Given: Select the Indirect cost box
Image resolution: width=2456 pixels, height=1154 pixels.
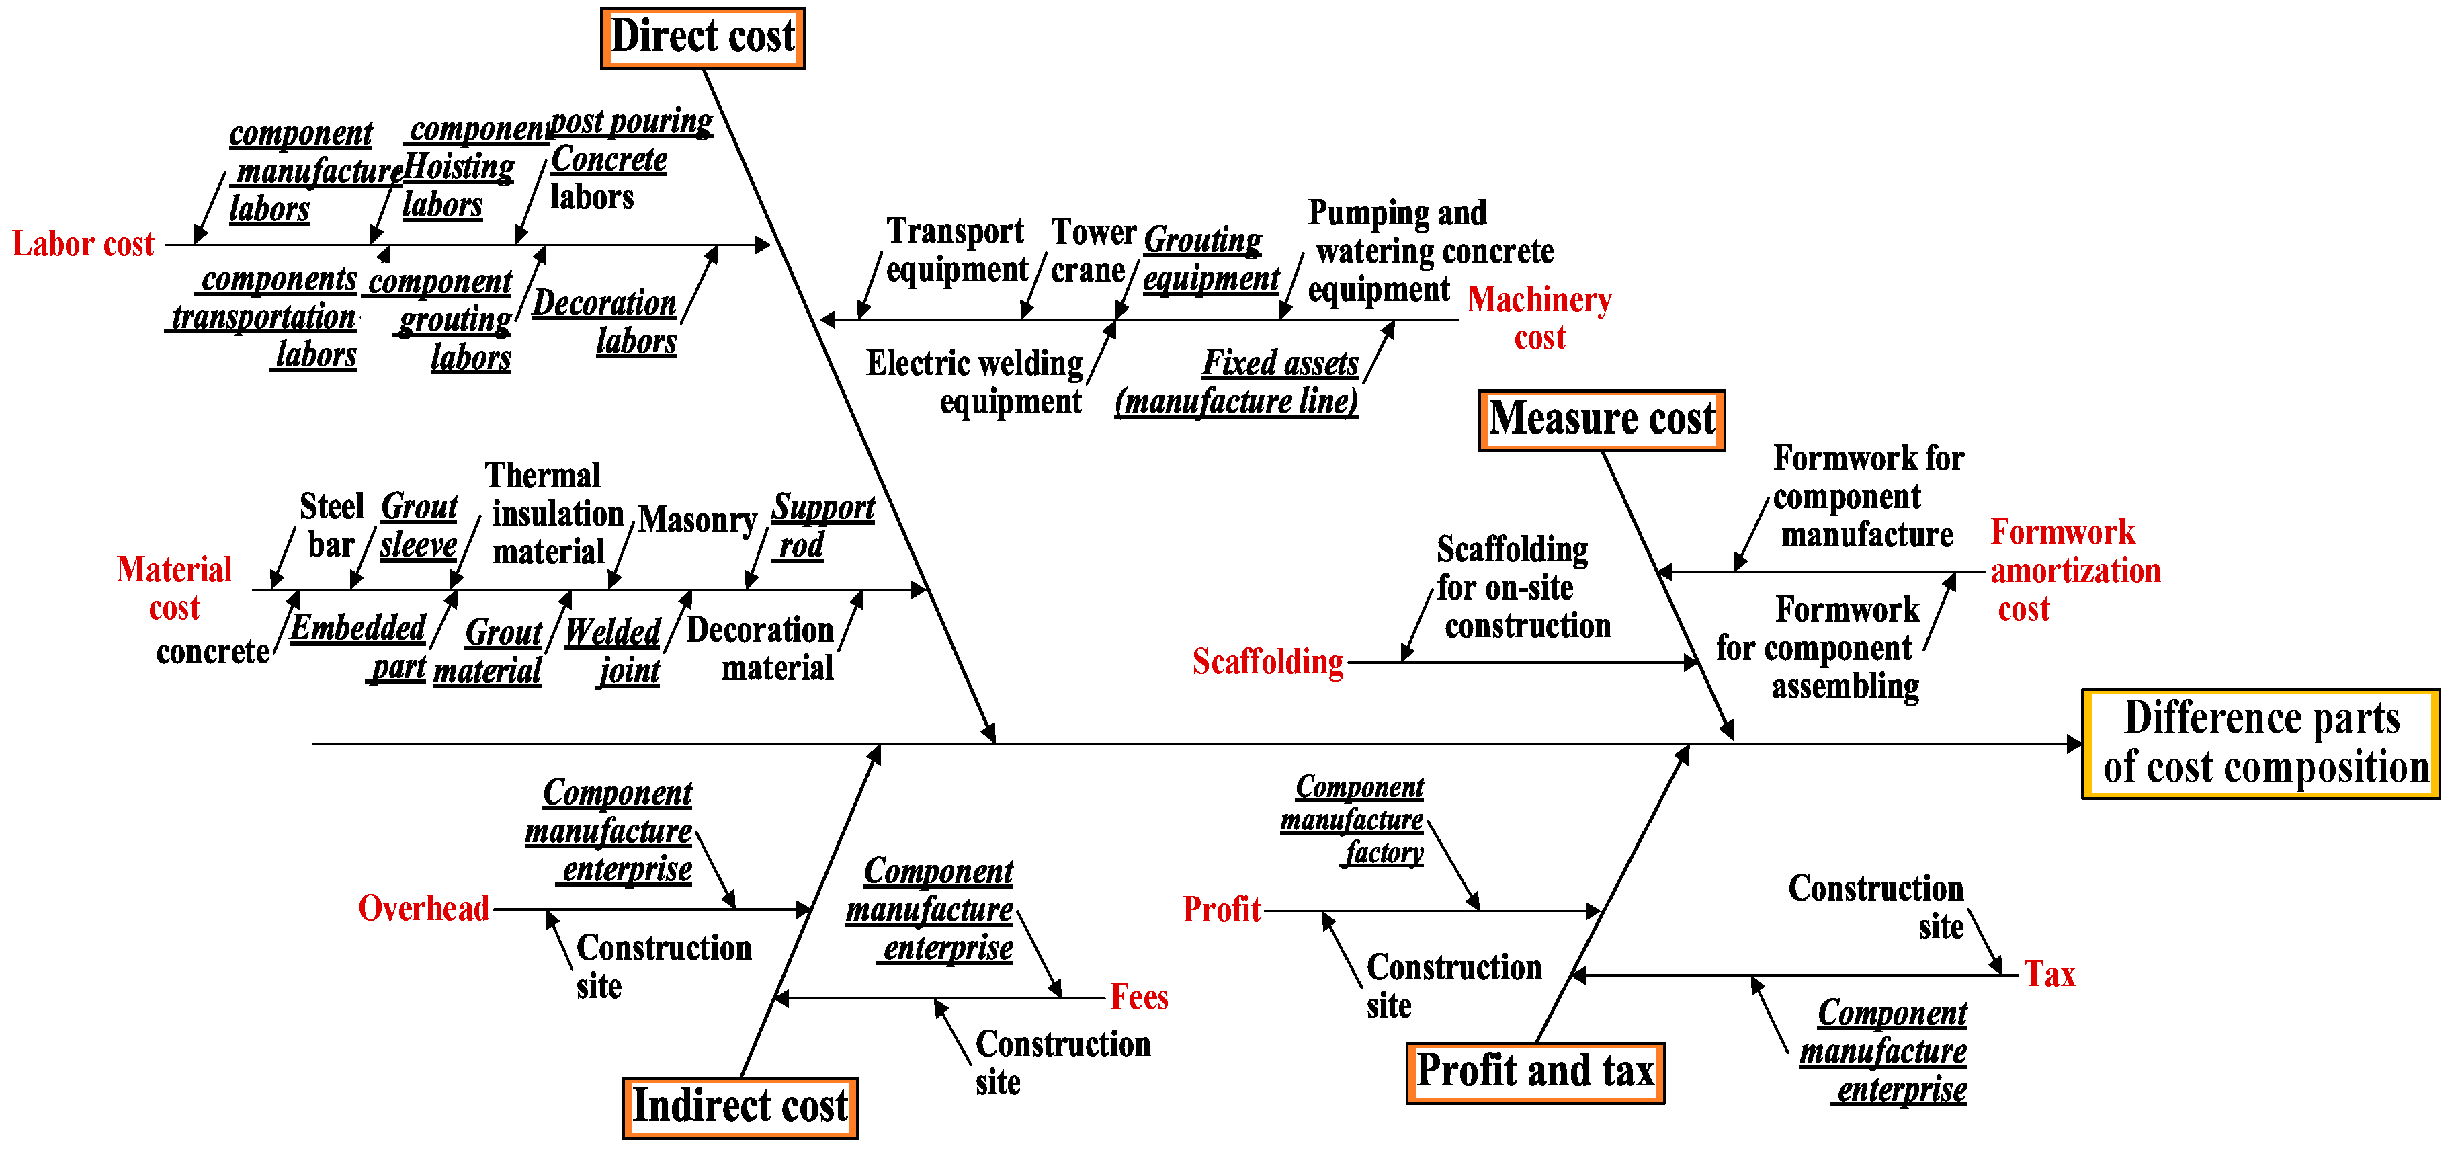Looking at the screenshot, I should [740, 1107].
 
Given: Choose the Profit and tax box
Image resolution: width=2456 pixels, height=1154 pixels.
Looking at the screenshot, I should [1535, 1072].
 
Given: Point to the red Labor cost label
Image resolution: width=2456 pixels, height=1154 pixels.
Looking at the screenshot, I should [83, 244].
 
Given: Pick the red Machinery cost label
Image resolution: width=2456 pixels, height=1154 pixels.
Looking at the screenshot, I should [1539, 319].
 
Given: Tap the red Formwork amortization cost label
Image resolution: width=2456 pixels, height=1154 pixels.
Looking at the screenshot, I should [2074, 571].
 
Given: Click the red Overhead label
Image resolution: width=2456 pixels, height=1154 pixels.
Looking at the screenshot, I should [423, 908].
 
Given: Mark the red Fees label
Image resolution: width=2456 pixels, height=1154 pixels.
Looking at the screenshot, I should [1140, 997].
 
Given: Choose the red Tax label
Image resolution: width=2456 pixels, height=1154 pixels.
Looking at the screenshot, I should [2050, 975].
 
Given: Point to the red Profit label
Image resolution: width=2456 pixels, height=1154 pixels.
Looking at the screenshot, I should [1222, 910].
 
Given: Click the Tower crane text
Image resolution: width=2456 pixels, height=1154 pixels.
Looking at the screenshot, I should [1093, 251].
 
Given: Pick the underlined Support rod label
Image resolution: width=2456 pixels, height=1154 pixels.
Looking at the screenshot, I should [822, 526].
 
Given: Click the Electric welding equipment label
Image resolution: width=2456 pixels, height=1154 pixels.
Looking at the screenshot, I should [974, 382].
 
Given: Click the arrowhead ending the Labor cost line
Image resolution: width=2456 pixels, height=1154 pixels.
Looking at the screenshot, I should [763, 245].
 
